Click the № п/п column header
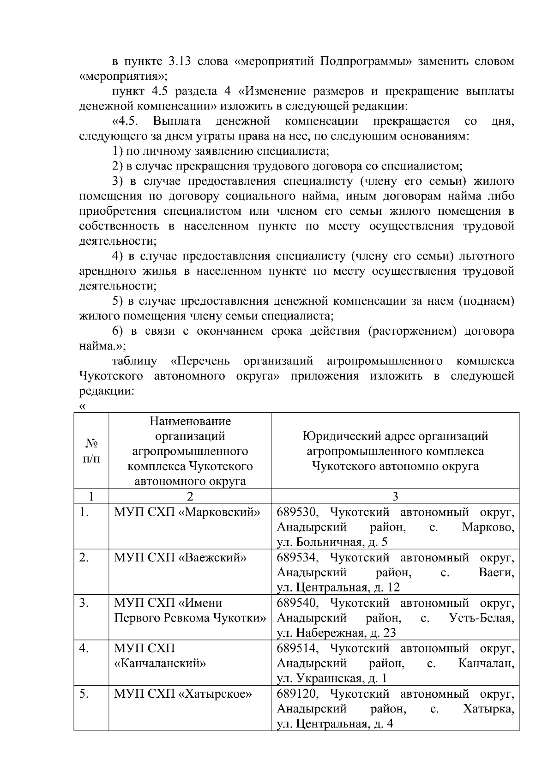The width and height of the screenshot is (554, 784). tap(91, 451)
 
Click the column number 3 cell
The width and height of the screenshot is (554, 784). tap(395, 496)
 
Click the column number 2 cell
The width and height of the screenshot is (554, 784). tap(190, 496)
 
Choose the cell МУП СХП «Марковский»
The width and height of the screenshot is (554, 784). tap(187, 512)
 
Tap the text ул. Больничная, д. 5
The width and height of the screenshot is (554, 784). tap(332, 542)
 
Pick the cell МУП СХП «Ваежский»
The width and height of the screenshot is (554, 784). tap(180, 557)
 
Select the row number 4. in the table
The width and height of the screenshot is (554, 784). tap(84, 648)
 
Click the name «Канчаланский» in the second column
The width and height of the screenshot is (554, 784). tap(160, 663)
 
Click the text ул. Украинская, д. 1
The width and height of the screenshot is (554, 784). tap(331, 678)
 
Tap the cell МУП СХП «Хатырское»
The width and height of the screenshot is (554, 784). tap(183, 694)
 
